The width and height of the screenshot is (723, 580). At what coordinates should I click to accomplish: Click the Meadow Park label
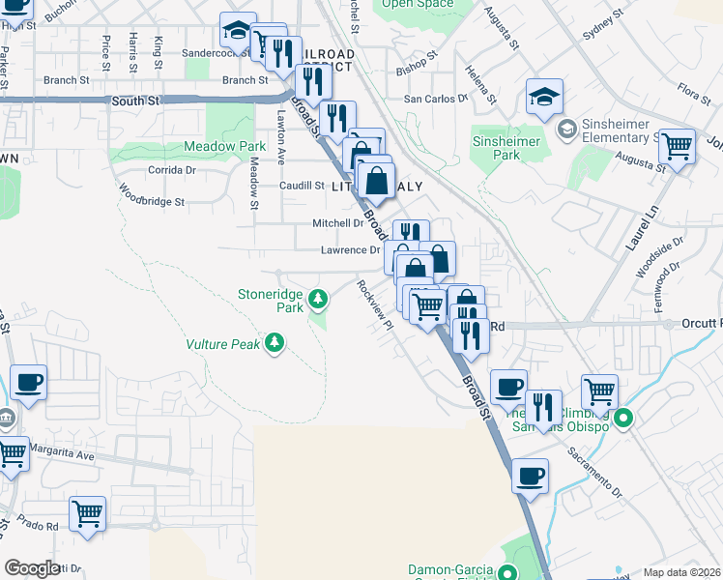tap(225, 146)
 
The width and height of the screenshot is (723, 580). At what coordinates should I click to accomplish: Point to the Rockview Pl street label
tap(375, 305)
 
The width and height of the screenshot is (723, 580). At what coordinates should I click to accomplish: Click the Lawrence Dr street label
tap(350, 249)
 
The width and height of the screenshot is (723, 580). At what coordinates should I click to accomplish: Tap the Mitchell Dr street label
tap(336, 222)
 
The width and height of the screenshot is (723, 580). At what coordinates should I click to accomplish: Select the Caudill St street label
tap(302, 186)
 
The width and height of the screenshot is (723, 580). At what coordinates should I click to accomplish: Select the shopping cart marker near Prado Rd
tap(87, 512)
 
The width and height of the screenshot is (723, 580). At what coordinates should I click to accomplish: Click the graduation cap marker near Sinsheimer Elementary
tap(544, 96)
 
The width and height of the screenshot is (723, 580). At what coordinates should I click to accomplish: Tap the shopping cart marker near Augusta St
tap(677, 147)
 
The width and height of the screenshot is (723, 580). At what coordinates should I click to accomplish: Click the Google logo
tap(32, 568)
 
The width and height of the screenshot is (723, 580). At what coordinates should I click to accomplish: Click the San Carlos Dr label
tap(436, 99)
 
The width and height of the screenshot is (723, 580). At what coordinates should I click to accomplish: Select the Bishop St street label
tap(417, 71)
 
